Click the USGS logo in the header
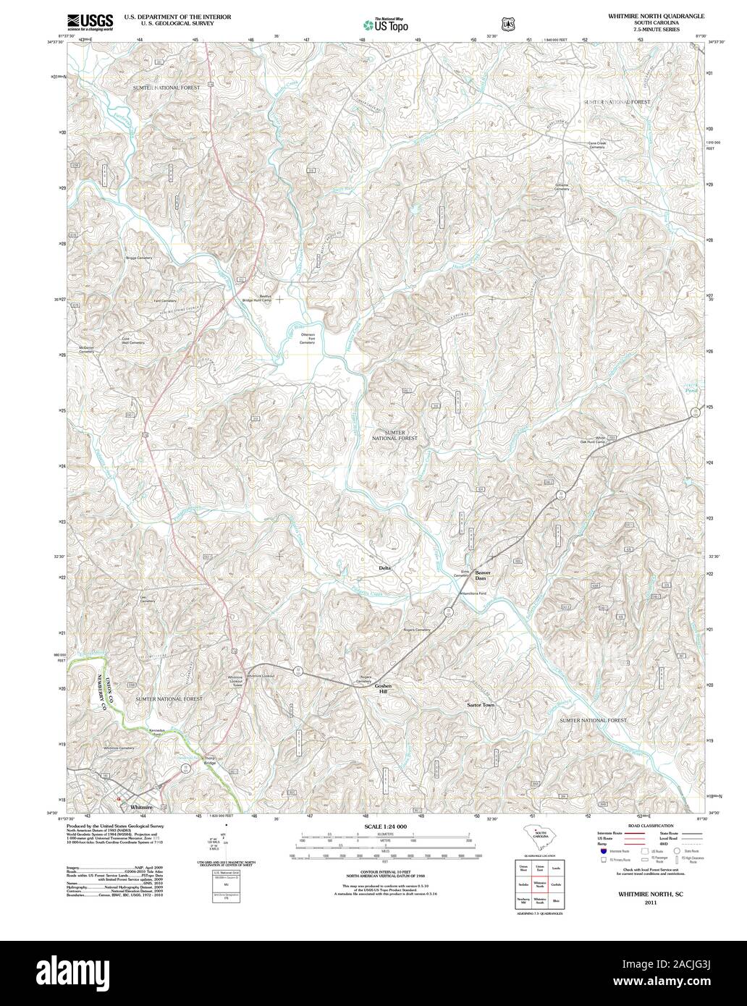90,21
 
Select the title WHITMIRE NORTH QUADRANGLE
635,15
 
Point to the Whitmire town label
139,805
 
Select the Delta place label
384,568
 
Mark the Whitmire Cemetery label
119,748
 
